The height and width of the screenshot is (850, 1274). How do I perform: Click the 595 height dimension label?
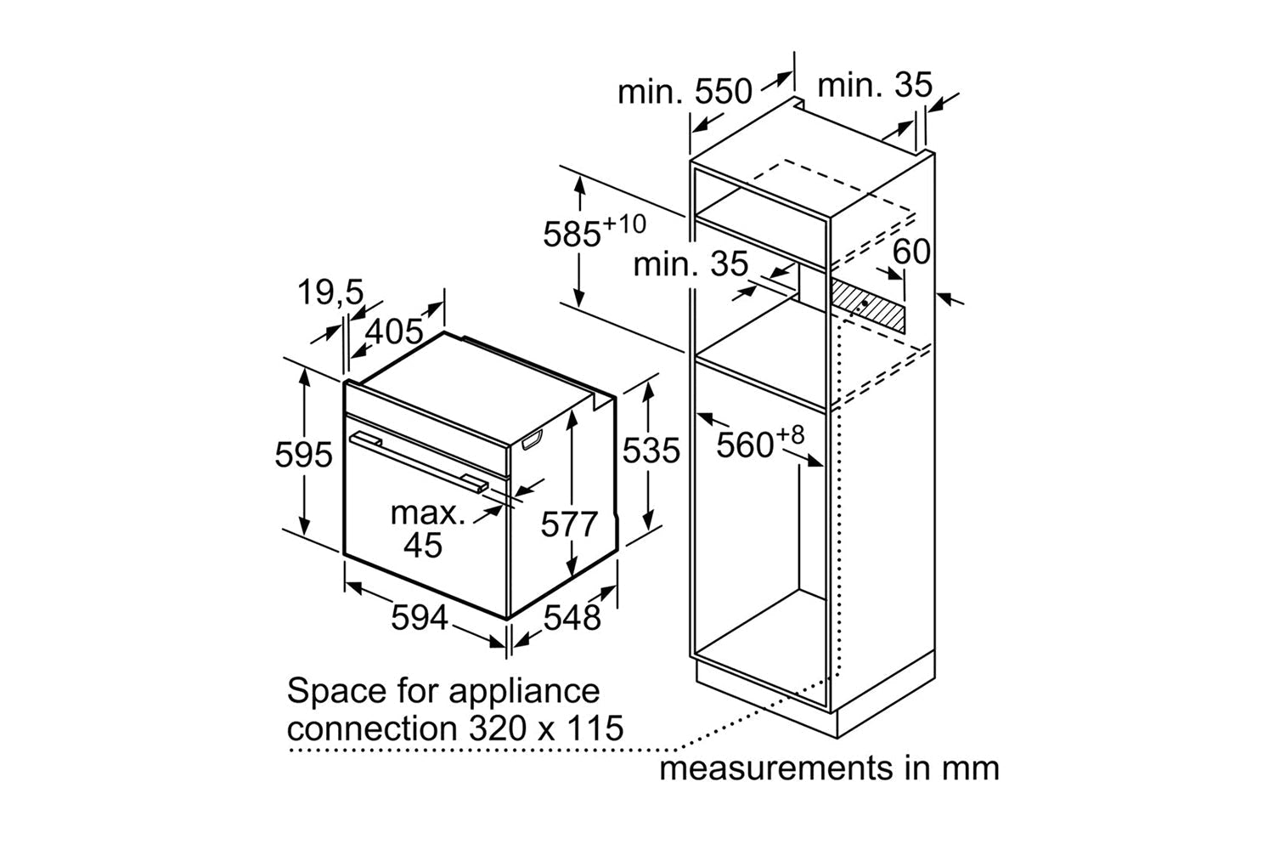(x=303, y=456)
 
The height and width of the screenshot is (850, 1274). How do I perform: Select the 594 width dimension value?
(x=419, y=618)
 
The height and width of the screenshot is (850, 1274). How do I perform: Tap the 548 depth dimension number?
(x=572, y=618)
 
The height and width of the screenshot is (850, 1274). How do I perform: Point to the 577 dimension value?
(x=570, y=524)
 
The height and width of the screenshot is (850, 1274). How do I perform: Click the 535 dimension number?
(x=651, y=450)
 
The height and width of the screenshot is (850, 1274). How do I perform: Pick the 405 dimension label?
(x=393, y=331)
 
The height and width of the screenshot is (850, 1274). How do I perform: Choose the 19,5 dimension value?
(x=330, y=293)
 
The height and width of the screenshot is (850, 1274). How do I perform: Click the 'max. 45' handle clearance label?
(x=427, y=529)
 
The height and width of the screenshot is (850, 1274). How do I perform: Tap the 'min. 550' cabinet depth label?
(x=685, y=91)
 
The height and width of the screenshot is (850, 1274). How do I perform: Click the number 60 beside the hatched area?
(x=911, y=252)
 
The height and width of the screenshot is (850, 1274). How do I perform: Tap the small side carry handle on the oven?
(x=532, y=441)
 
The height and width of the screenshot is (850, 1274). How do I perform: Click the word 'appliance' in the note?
(x=524, y=691)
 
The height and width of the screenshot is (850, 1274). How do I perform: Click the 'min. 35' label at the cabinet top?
(x=874, y=85)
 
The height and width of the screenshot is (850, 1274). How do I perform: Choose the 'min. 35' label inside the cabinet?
(x=691, y=264)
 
